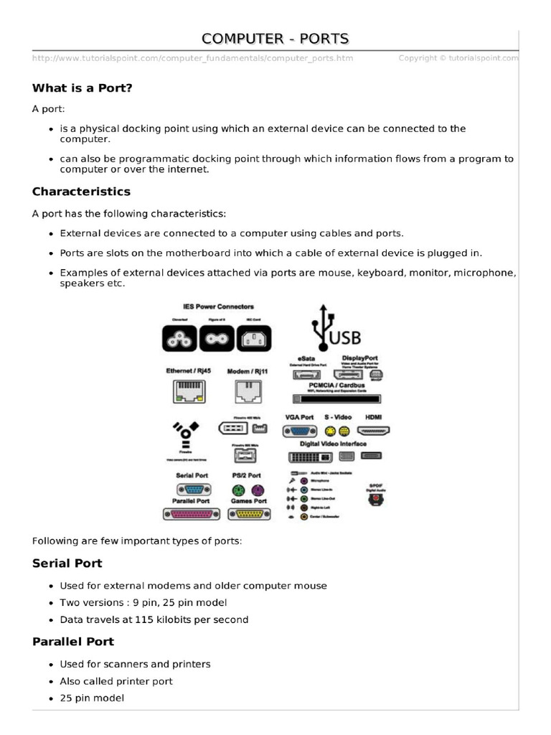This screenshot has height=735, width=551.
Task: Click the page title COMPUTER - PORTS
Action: click(x=275, y=38)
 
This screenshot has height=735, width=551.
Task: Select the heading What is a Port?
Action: click(x=83, y=88)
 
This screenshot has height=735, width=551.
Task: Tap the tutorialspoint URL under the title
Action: click(x=192, y=58)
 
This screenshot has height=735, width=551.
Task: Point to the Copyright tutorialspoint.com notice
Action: click(x=458, y=58)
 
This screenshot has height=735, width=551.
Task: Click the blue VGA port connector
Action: click(x=299, y=431)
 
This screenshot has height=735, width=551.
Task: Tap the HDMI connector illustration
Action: click(x=373, y=431)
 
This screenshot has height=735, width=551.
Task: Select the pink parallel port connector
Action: click(x=190, y=513)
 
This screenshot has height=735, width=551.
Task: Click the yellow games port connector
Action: click(x=248, y=513)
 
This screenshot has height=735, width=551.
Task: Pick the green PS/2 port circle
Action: click(x=238, y=490)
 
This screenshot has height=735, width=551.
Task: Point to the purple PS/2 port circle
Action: click(x=256, y=490)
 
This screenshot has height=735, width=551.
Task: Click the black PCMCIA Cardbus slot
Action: click(x=337, y=398)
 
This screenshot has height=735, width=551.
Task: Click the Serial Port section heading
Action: click(x=67, y=563)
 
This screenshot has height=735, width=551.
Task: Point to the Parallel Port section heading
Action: click(x=73, y=641)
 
